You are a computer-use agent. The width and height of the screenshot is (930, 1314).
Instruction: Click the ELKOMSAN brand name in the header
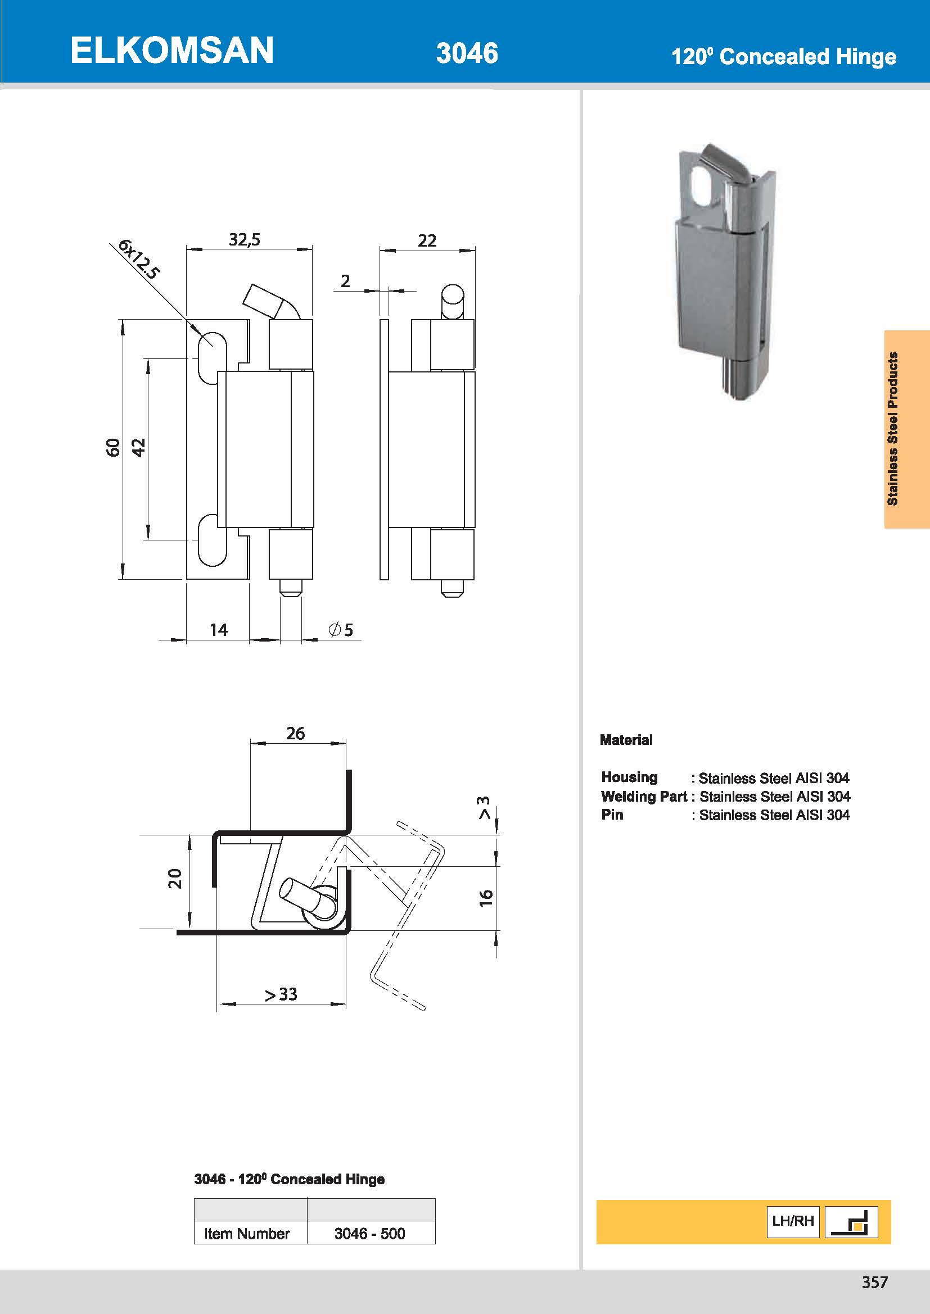click(x=172, y=51)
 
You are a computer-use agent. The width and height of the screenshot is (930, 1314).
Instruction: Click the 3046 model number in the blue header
click(x=467, y=53)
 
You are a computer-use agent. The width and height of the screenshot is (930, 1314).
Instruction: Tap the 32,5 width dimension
click(x=245, y=239)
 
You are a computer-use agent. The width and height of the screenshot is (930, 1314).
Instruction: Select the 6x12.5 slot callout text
click(x=138, y=258)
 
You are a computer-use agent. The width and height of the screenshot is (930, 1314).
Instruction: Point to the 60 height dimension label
click(x=114, y=447)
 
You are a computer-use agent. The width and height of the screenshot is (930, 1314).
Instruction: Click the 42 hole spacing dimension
click(x=139, y=447)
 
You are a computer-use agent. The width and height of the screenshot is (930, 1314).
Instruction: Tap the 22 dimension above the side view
click(x=427, y=240)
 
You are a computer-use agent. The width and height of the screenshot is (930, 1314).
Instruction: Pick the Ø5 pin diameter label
click(x=341, y=630)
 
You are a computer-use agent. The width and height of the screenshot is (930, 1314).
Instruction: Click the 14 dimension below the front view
click(x=218, y=630)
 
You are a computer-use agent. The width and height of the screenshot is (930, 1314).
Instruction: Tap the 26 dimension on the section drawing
click(x=296, y=734)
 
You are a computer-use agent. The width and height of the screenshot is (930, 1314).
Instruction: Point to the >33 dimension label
click(x=281, y=994)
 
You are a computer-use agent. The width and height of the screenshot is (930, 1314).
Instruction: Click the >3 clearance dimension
click(x=485, y=807)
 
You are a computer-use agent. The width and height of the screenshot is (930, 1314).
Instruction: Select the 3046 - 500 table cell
click(x=370, y=1233)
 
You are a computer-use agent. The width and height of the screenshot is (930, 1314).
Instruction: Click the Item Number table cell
click(x=247, y=1233)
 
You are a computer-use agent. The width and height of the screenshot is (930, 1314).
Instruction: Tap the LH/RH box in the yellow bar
click(x=793, y=1221)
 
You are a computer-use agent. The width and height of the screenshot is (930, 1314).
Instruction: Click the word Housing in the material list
click(x=629, y=777)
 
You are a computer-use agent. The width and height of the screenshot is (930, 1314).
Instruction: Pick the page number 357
click(x=874, y=1283)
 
